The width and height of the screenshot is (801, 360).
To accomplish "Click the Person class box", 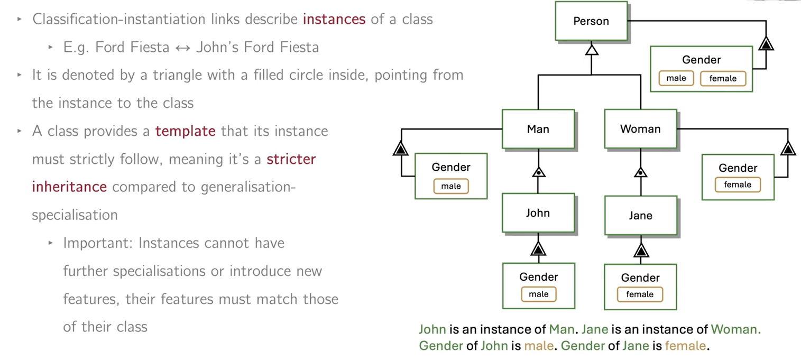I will pos(591,21).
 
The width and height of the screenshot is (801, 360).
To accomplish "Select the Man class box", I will pos(538,129).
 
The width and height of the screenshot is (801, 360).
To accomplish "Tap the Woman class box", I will pos(640,129).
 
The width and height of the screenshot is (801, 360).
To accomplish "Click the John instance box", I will pos(538,213).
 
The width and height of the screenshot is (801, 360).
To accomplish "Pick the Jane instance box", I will pos(640,216).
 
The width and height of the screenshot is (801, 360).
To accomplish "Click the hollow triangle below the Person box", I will pos(592,50).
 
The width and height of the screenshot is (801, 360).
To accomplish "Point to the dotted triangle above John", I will pos(538,172).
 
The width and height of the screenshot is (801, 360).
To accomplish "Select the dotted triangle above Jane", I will pos(641,172).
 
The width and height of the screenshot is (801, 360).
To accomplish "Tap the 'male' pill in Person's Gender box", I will pos(676,78).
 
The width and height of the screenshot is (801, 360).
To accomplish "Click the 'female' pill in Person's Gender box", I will pos(723,79).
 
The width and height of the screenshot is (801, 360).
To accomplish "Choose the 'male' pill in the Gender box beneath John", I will pos(539,294).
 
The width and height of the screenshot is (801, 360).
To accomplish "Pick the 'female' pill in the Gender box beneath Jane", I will pos(640,294).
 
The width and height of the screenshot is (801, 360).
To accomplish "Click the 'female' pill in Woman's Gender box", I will pos(738,184).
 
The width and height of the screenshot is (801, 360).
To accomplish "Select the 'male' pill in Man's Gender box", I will pos(451,186).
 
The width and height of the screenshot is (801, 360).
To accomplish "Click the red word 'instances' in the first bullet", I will pos(334,20).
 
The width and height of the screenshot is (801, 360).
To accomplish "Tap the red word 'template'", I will pos(186,131).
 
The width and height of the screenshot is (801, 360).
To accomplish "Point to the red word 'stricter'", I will pos(291,159).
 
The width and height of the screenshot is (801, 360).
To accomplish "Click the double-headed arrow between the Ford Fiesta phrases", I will pos(182,48).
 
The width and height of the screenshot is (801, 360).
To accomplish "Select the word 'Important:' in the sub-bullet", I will pos(98,243).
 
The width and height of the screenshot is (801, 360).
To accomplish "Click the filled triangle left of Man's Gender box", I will pos(401,149).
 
